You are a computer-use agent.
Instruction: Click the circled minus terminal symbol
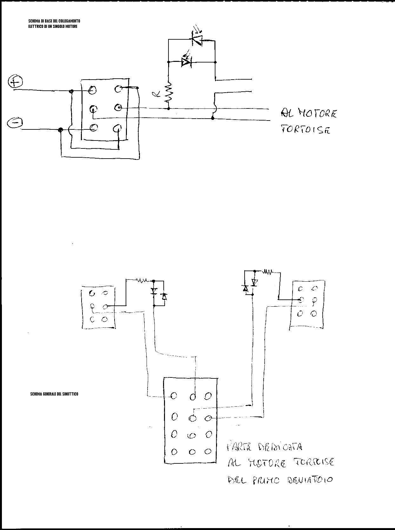15,123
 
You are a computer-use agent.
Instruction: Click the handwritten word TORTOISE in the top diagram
305,129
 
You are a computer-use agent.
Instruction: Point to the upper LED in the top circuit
197,39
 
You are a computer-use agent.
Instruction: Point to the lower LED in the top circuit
186,62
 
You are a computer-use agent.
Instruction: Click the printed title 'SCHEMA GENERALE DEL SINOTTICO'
54,394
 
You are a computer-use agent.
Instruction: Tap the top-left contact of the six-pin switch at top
92,90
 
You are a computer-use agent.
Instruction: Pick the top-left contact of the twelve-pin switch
174,396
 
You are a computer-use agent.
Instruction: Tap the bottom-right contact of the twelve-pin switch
208,451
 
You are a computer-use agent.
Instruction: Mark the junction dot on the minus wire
60,130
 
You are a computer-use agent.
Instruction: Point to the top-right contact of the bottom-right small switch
314,288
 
